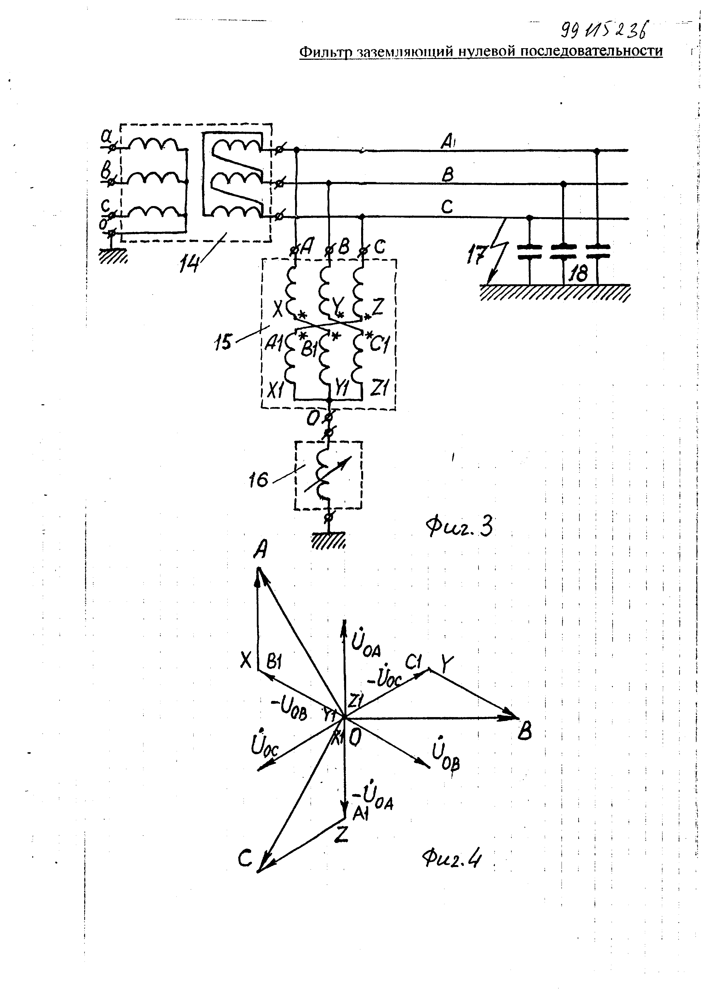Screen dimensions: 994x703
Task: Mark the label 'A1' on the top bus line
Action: tap(447, 141)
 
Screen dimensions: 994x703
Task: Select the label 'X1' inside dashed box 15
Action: tap(274, 391)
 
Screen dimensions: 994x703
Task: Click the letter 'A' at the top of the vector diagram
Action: tap(259, 551)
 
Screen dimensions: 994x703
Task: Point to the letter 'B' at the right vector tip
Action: tap(525, 732)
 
